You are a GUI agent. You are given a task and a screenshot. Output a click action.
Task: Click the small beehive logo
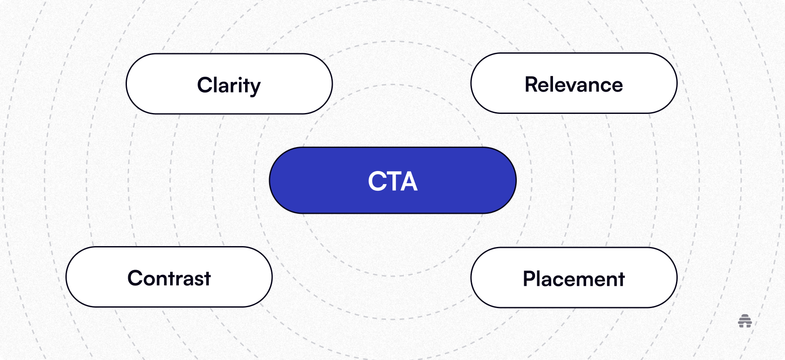[x=745, y=321]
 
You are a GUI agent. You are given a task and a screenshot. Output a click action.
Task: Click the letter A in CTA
[x=409, y=181]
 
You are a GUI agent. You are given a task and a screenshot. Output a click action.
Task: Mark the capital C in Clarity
[x=205, y=85]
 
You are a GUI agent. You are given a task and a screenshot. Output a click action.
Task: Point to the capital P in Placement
[x=529, y=279]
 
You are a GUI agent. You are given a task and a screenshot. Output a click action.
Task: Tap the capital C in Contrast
[x=135, y=278]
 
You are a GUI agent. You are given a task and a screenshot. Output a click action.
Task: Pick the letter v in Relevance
[x=574, y=86]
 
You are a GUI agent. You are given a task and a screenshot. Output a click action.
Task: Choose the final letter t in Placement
[x=621, y=279]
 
